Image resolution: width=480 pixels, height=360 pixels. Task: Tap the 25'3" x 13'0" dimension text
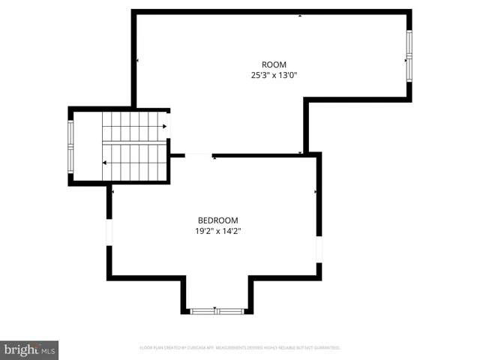point(274,75)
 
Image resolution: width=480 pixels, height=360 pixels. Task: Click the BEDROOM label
point(217,220)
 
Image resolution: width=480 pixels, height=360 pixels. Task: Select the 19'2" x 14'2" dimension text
point(217,231)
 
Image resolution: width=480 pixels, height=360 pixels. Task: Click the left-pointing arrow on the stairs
point(105,163)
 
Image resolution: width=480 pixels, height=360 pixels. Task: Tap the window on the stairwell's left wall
point(71,146)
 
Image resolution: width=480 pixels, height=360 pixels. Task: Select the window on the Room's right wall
point(409,56)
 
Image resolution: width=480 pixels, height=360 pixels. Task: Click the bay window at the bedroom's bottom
point(216,310)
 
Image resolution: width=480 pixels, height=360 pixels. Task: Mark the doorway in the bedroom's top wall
point(199,155)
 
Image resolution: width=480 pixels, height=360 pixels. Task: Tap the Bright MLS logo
point(30,349)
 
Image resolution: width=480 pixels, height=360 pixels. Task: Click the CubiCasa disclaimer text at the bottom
point(240,348)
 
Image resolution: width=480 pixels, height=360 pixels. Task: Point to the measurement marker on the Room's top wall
point(301,14)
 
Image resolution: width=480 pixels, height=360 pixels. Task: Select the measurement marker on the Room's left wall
point(137,60)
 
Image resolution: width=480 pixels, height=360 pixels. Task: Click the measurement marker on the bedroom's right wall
point(316,192)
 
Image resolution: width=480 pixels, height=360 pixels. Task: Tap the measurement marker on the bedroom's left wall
point(112,192)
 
